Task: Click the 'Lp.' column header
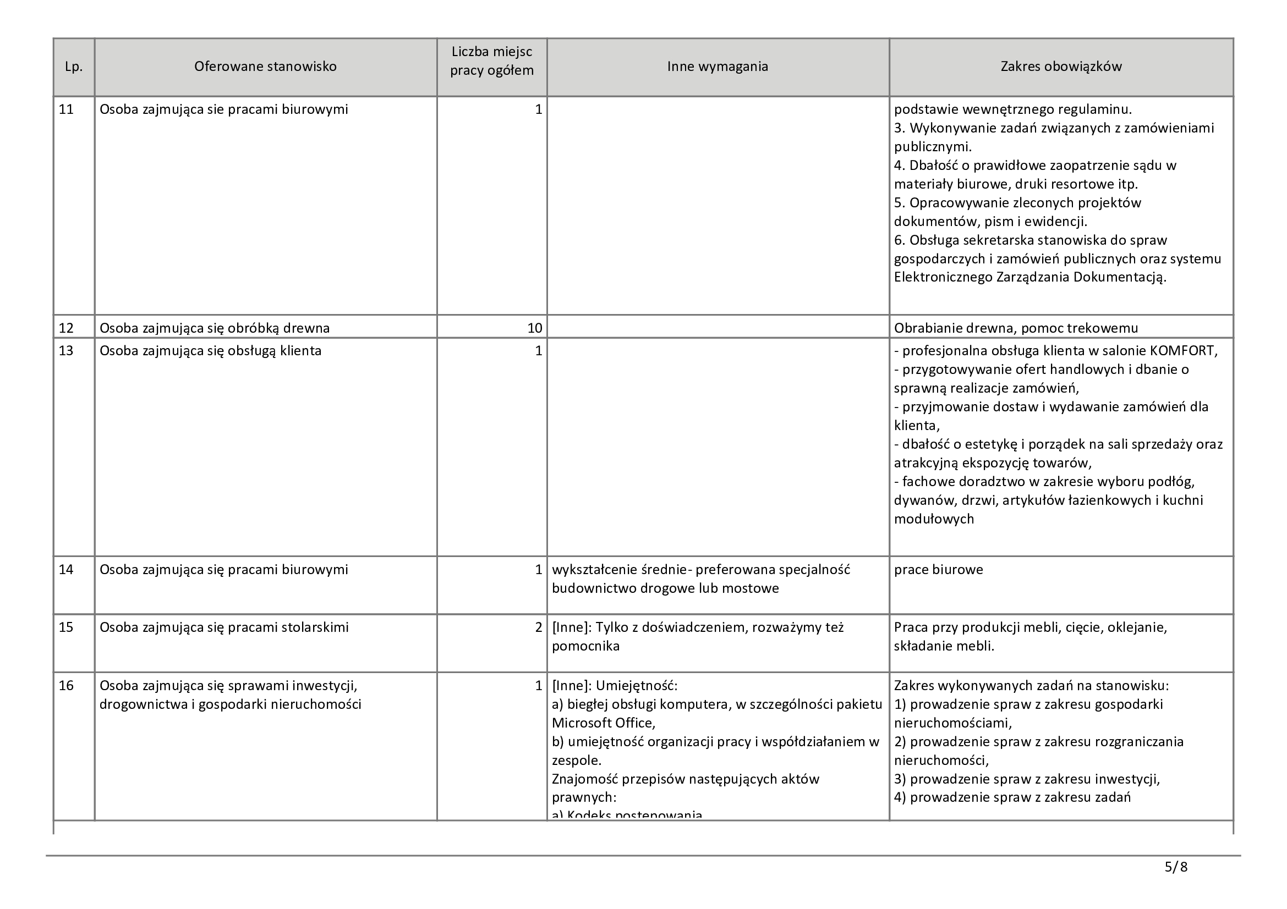click(74, 67)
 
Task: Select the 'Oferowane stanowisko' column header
click(265, 67)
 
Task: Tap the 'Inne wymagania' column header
click(718, 67)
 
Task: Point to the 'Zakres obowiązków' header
click(1061, 67)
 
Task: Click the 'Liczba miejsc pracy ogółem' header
click(491, 62)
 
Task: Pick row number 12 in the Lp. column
click(66, 328)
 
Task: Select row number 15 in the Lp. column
click(66, 627)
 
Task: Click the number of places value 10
click(535, 328)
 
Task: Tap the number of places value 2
click(539, 627)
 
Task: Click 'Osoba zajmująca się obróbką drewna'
click(215, 328)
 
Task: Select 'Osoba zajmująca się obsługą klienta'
click(210, 351)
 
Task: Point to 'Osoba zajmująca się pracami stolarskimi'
click(223, 627)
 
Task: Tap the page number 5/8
click(1176, 867)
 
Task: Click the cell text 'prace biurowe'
click(938, 570)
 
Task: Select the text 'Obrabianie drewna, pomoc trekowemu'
click(1016, 328)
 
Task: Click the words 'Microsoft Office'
click(603, 723)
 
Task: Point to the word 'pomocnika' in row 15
click(586, 646)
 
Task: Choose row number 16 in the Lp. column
click(66, 686)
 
